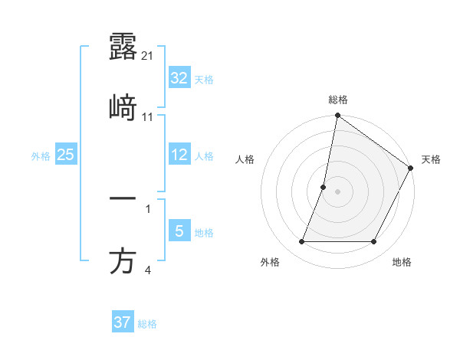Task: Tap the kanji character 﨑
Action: click(123, 108)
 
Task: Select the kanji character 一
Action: click(123, 199)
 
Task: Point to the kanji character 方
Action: click(123, 261)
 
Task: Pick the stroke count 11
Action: click(149, 117)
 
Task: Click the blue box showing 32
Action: click(179, 78)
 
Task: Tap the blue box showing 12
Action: click(179, 155)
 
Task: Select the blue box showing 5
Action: click(179, 231)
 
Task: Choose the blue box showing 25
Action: click(65, 155)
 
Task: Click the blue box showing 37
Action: click(122, 322)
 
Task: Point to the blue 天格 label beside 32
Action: click(204, 80)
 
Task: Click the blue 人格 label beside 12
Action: click(204, 156)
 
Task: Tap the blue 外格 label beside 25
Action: click(41, 156)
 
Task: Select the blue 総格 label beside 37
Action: click(147, 324)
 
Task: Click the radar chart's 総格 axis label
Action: click(338, 100)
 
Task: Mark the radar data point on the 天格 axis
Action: click(411, 169)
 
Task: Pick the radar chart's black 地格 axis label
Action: click(402, 263)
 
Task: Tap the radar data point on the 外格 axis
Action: click(302, 242)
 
